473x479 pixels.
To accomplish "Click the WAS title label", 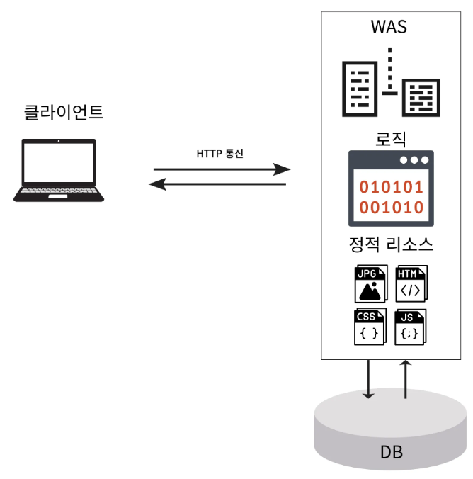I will [389, 28].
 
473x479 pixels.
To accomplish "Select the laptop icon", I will [59, 170].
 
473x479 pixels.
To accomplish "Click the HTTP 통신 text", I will [220, 153].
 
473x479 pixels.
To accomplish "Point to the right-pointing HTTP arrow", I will [222, 169].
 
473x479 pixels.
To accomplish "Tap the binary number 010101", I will [392, 188].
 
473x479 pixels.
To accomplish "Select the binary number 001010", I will [392, 208].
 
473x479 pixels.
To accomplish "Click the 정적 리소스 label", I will [391, 245].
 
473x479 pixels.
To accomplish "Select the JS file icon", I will [411, 327].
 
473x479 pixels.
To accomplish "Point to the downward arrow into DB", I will [368, 380].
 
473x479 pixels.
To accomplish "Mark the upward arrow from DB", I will [406, 380].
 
